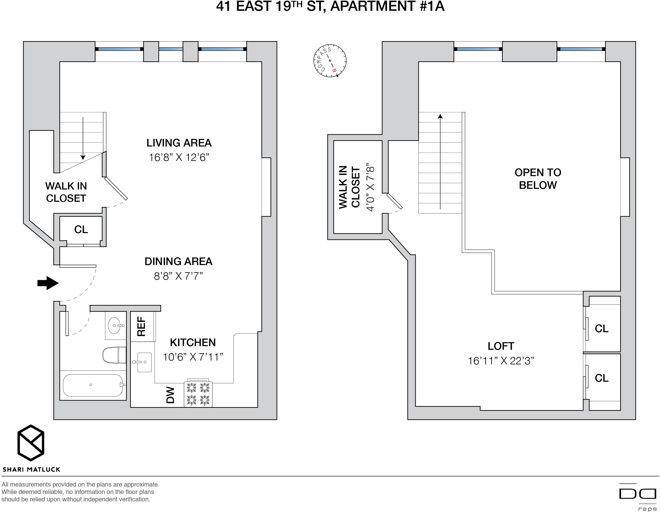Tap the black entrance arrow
pos(48,283)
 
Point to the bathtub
pos(93,385)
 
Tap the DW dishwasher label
pos(170,395)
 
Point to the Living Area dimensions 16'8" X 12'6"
pos(179,157)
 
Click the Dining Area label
pos(178,261)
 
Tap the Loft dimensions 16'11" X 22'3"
pos(501,361)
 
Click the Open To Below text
pos(538,179)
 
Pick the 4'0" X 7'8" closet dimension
pos(370,188)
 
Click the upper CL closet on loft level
pos(601,328)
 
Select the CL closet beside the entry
pos(81,229)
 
